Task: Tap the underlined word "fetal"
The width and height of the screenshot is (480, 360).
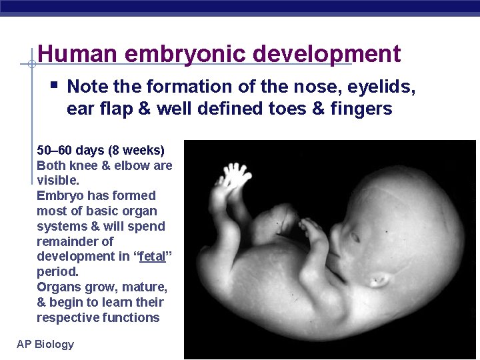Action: point(153,257)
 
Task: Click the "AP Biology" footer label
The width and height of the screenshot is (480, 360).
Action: point(45,344)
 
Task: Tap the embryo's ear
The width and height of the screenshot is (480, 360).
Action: point(380,279)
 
